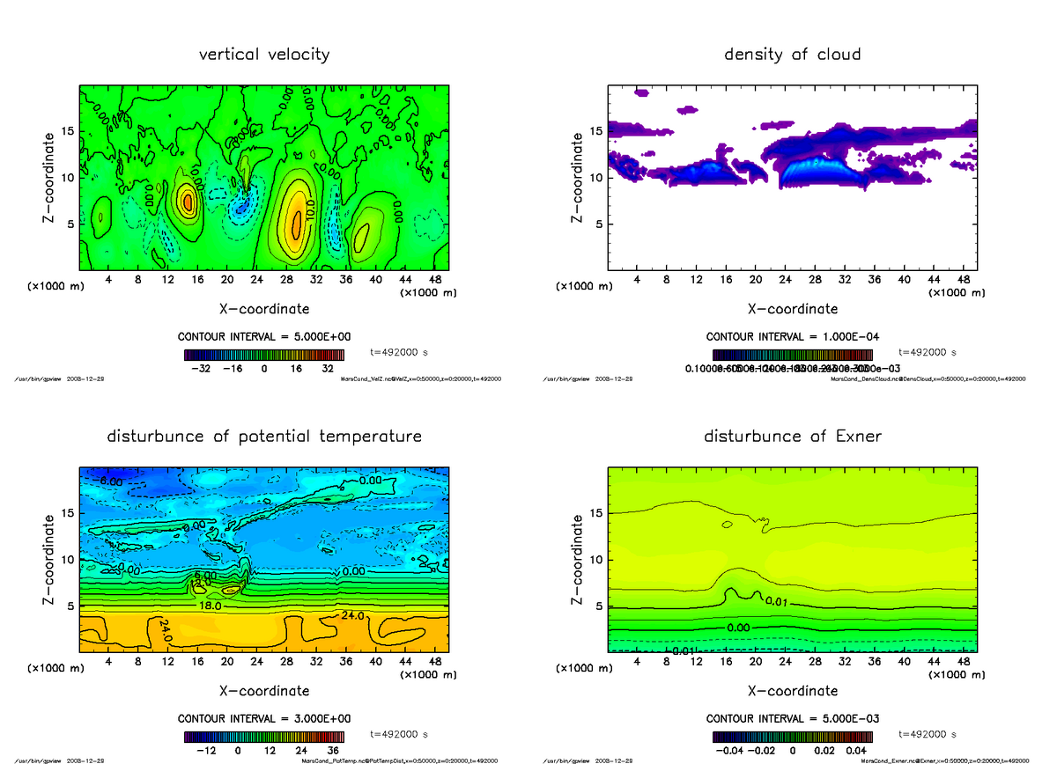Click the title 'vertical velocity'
click(264, 55)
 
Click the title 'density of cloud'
click(792, 55)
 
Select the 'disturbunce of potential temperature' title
click(264, 437)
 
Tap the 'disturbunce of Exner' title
click(792, 437)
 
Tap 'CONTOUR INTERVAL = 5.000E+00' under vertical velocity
click(264, 337)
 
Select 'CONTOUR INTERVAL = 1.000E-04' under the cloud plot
click(792, 337)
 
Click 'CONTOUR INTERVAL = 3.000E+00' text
click(264, 718)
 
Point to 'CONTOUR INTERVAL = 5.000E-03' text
click(792, 718)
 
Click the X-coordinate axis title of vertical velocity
click(264, 309)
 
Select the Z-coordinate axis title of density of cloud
click(577, 177)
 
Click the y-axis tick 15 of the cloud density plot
click(596, 132)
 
